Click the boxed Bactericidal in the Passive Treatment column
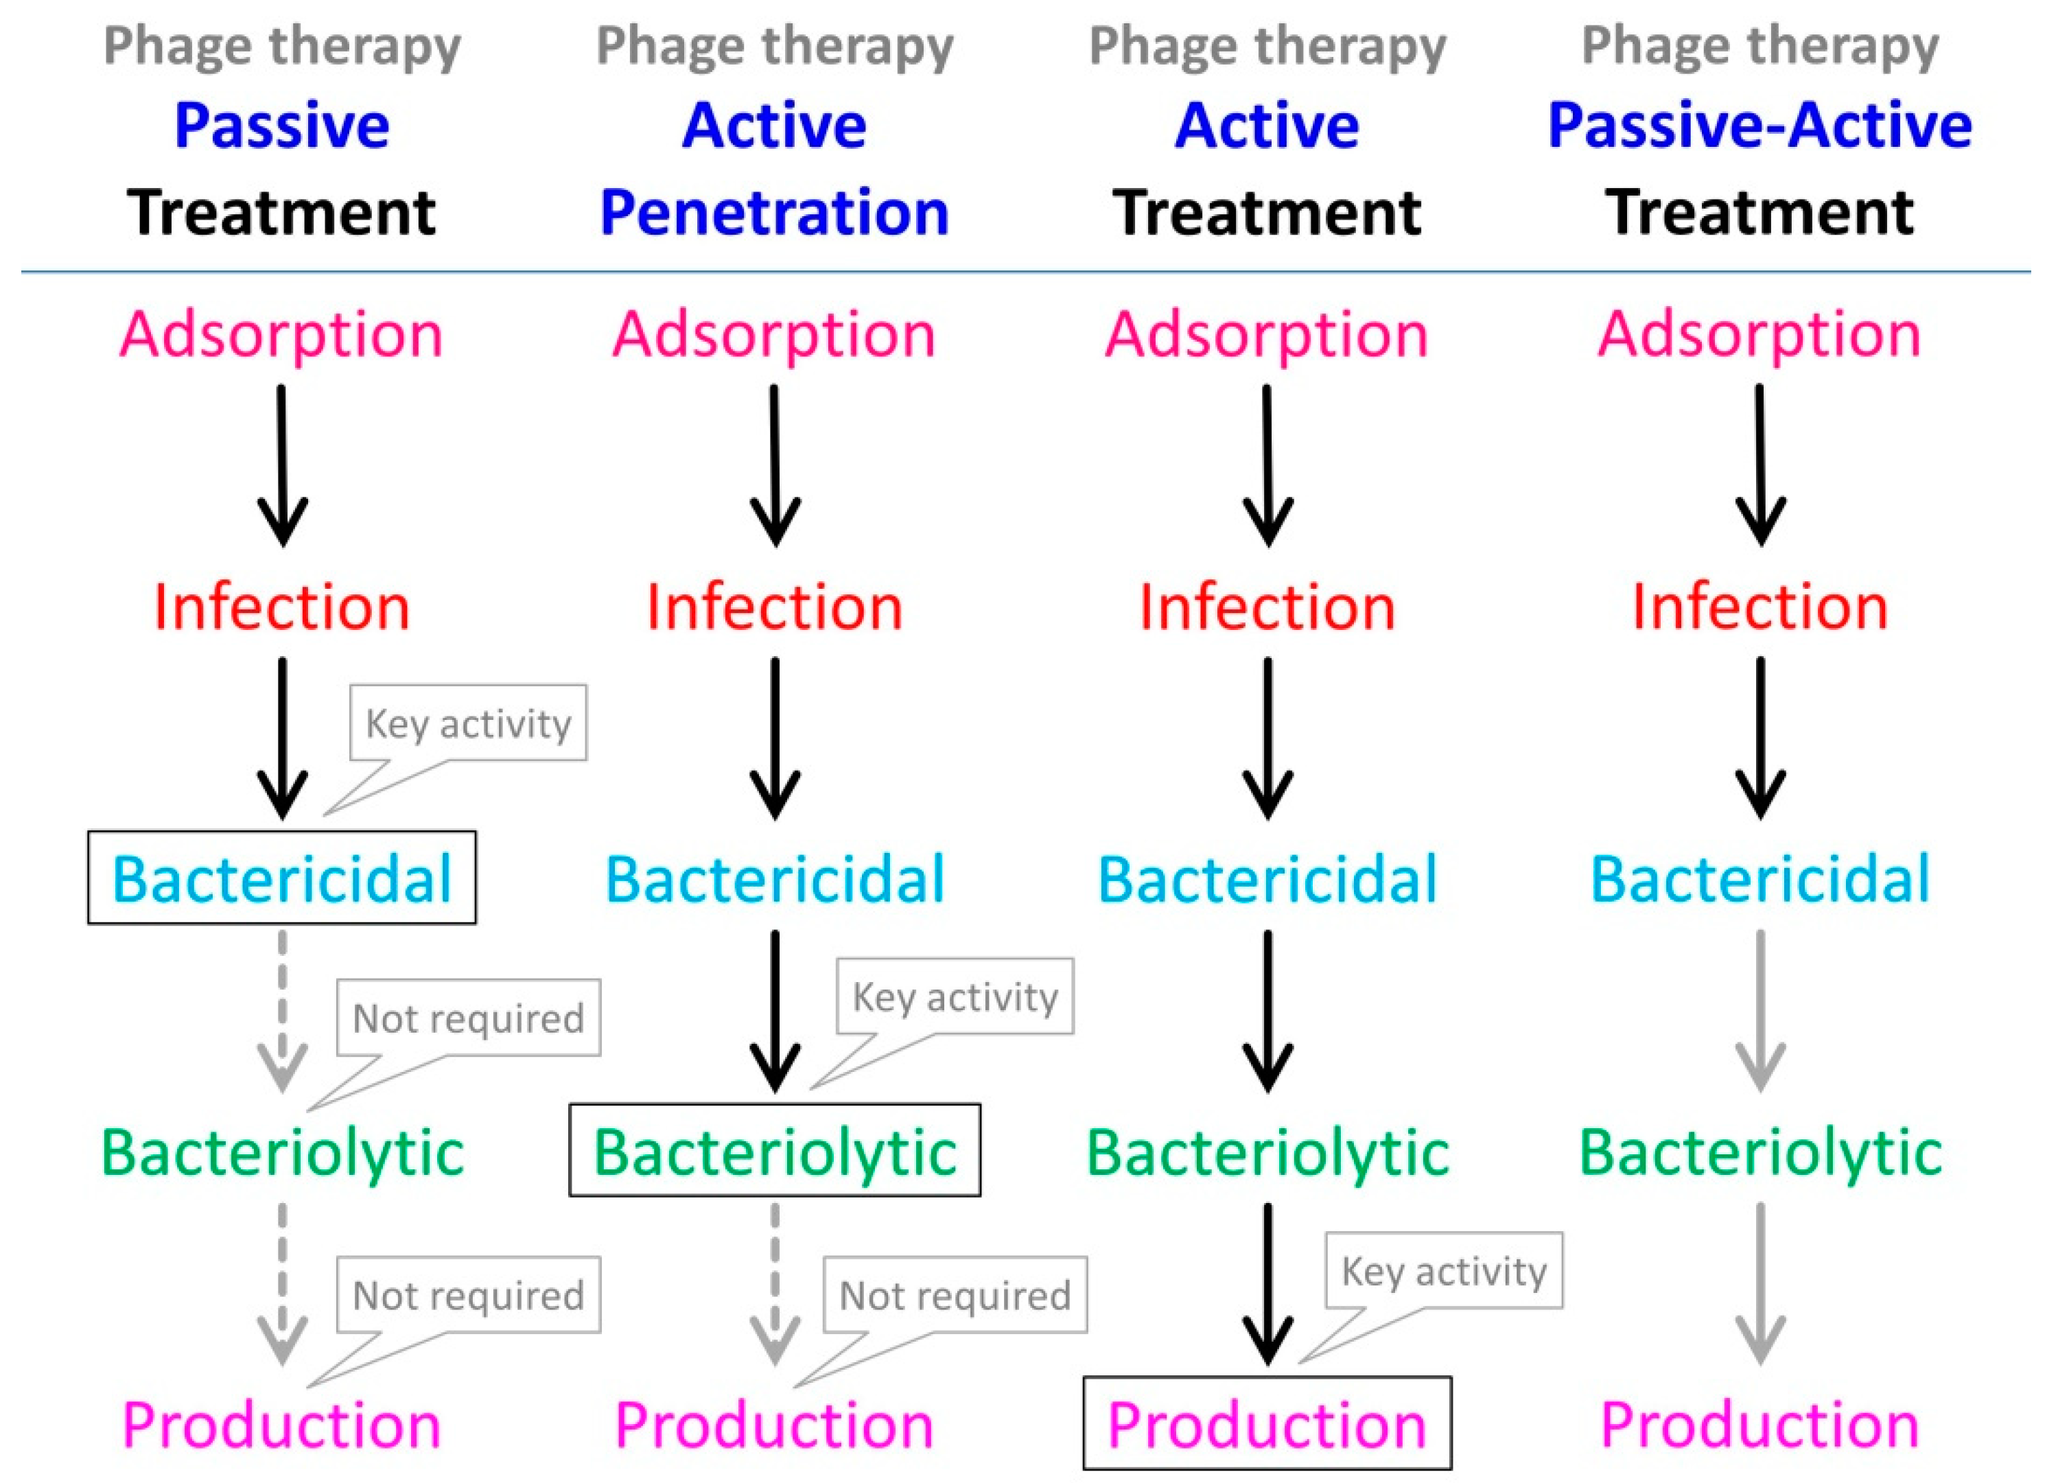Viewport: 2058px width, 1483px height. [x=281, y=878]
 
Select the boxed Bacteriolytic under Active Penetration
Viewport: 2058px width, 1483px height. [x=775, y=1150]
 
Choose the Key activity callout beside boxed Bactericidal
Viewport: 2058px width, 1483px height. [x=468, y=724]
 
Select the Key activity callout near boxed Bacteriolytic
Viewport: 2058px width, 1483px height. [x=955, y=997]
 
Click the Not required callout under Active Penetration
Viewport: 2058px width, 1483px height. [x=955, y=1295]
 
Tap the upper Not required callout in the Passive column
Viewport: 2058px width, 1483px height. [x=468, y=1018]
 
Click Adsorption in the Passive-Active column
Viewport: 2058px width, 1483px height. [x=1759, y=334]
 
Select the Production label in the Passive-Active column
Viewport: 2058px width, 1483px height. [x=1759, y=1423]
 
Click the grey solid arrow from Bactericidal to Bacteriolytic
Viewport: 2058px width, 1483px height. [x=1760, y=1010]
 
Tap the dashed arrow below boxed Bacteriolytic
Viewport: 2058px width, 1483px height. [x=775, y=1283]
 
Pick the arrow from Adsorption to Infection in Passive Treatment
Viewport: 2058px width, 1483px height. [x=282, y=465]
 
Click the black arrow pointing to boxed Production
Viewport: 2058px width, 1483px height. [x=1267, y=1283]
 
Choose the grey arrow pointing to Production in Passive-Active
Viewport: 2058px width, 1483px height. [x=1760, y=1283]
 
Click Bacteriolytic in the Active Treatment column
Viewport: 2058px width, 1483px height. [x=1267, y=1152]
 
